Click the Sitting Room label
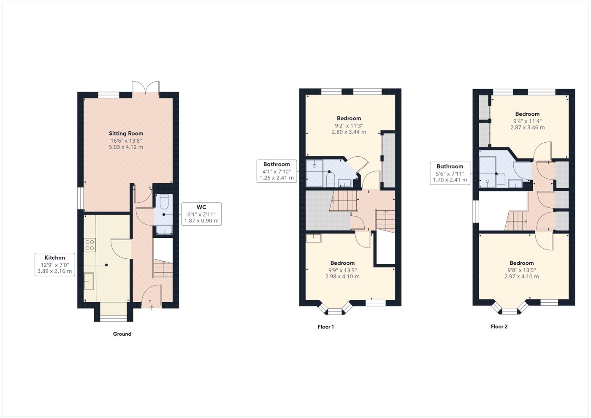pyautogui.click(x=126, y=133)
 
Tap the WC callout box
pyautogui.click(x=201, y=214)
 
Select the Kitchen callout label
pyautogui.click(x=55, y=265)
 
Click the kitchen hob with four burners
pyautogui.click(x=89, y=245)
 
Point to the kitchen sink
pyautogui.click(x=89, y=281)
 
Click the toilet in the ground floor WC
pyautogui.click(x=164, y=202)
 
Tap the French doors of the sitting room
pyautogui.click(x=146, y=88)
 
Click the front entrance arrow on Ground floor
pyautogui.click(x=152, y=307)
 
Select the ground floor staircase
pyautogui.click(x=163, y=269)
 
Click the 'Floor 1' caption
pyautogui.click(x=326, y=327)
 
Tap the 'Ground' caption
pyautogui.click(x=122, y=334)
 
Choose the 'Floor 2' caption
pyautogui.click(x=499, y=327)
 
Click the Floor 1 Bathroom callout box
pyautogui.click(x=277, y=171)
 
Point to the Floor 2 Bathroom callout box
pyautogui.click(x=450, y=173)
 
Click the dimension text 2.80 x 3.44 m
pyautogui.click(x=349, y=132)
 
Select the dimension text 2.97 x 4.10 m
pyautogui.click(x=522, y=277)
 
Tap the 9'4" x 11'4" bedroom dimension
pyautogui.click(x=527, y=121)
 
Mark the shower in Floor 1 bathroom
pyautogui.click(x=314, y=173)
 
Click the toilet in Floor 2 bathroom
pyautogui.click(x=501, y=181)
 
